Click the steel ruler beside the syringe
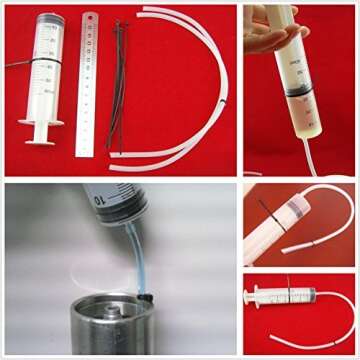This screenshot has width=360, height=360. coord(88,85)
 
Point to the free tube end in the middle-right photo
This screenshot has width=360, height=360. coord(284,249)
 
